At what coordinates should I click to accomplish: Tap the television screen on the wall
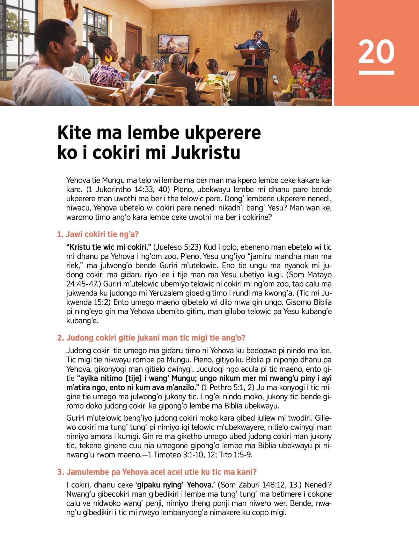(174, 44)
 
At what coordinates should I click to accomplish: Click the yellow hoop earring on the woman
(109, 58)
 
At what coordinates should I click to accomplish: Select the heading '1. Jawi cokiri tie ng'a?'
(98, 234)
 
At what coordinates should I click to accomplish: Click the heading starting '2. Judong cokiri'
(151, 338)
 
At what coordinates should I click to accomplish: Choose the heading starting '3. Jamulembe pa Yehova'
(156, 472)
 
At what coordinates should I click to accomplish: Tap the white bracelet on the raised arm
(291, 35)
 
